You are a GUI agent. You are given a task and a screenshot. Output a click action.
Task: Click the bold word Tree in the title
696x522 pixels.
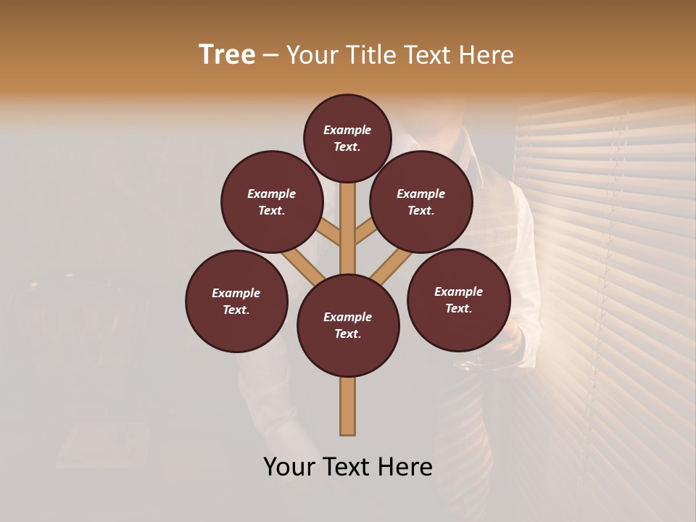pyautogui.click(x=227, y=55)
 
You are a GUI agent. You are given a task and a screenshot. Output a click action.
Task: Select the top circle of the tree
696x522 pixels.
pyautogui.click(x=347, y=138)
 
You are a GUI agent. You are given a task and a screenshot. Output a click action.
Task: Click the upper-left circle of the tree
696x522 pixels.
pyautogui.click(x=272, y=202)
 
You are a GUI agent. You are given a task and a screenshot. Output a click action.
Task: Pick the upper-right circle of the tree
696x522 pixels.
pyautogui.click(x=421, y=202)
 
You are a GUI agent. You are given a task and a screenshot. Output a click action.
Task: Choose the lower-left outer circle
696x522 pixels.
pyautogui.click(x=236, y=301)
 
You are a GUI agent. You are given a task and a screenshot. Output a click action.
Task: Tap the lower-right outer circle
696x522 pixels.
pyautogui.click(x=458, y=299)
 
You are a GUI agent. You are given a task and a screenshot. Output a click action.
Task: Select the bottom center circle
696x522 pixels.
pyautogui.click(x=348, y=326)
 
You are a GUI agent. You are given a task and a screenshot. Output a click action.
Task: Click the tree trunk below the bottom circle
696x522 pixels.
pyautogui.click(x=348, y=406)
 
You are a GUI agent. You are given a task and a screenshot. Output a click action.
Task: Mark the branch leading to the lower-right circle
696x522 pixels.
pyautogui.click(x=391, y=265)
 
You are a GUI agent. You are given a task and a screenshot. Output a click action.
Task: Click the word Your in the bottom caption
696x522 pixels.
pyautogui.click(x=289, y=467)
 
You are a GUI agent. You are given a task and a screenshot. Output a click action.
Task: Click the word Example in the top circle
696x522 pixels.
pyautogui.click(x=347, y=130)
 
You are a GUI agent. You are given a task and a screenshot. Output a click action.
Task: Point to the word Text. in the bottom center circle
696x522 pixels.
pyautogui.click(x=347, y=334)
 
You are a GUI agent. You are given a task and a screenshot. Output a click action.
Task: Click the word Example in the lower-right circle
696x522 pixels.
pyautogui.click(x=458, y=291)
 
